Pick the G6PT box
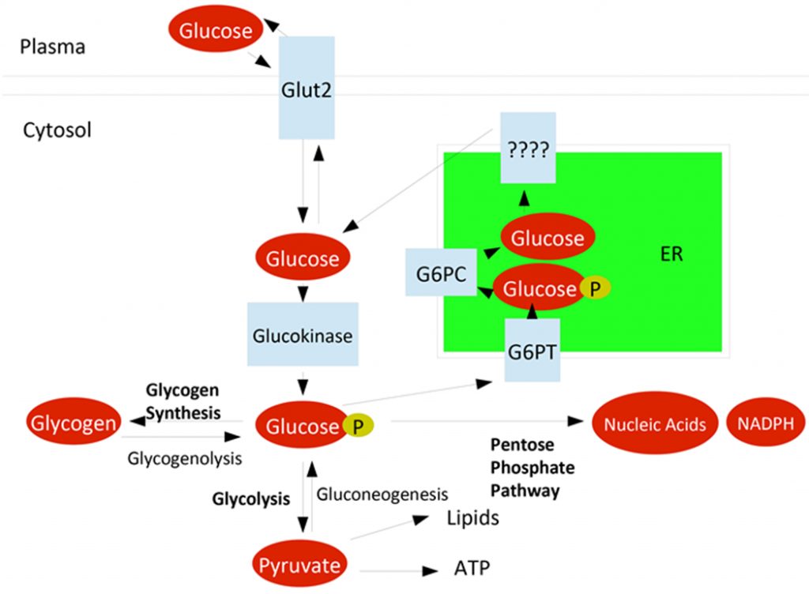pyautogui.click(x=532, y=351)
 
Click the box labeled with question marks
pyautogui.click(x=529, y=146)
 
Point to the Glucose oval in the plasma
pyautogui.click(x=216, y=31)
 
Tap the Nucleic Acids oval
pyautogui.click(x=654, y=425)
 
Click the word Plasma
pyautogui.click(x=52, y=47)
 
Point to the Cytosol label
pyautogui.click(x=57, y=130)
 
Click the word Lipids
pyautogui.click(x=472, y=518)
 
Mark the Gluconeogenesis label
pyautogui.click(x=382, y=494)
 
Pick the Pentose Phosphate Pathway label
pyautogui.click(x=525, y=467)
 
